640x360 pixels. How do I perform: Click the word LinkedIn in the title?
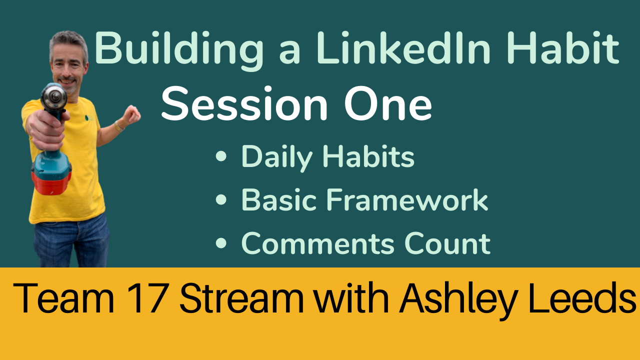[403, 47]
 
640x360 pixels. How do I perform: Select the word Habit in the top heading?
[563, 47]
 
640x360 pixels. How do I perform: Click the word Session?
[244, 103]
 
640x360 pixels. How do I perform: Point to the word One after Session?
[388, 103]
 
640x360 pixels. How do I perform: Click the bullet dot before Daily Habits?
[221, 156]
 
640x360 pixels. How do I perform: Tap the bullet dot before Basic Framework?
[221, 199]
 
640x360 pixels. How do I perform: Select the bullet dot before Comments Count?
[221, 243]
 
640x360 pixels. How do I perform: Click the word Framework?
[407, 199]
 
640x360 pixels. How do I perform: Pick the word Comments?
[317, 243]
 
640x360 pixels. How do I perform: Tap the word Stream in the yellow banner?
[241, 298]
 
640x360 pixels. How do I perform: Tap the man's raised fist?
[131, 114]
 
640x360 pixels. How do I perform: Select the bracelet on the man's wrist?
[118, 126]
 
